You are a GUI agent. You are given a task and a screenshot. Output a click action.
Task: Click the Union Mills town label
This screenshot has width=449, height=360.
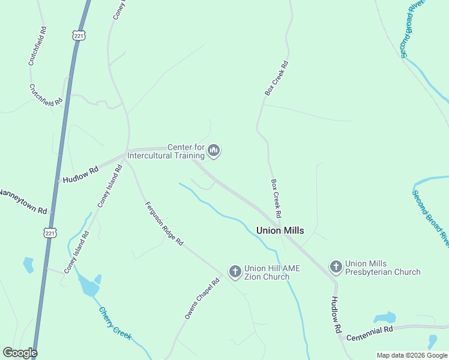[280, 230]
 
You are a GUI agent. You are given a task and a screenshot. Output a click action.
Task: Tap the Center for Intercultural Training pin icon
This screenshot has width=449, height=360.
[214, 151]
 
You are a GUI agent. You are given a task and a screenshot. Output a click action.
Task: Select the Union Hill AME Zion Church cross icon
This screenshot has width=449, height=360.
[235, 272]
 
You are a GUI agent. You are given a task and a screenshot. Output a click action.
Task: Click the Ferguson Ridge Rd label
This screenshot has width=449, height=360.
[164, 224]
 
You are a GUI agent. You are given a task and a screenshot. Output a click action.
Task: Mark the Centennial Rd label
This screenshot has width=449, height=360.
[369, 330]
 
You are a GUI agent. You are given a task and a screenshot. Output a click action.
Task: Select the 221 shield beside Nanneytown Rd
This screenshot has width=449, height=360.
[50, 232]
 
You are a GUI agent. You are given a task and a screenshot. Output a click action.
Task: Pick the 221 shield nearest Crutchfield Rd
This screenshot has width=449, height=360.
[79, 36]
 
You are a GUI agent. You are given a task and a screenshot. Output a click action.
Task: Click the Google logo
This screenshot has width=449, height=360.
[20, 353]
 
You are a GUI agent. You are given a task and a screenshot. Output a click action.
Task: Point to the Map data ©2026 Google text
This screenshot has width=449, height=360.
[412, 355]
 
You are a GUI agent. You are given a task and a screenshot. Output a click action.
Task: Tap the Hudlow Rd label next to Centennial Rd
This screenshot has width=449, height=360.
[336, 316]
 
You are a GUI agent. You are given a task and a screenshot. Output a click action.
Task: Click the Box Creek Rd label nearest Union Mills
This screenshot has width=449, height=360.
[276, 198]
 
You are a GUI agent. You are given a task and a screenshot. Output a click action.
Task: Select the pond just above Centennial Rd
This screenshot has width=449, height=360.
[384, 317]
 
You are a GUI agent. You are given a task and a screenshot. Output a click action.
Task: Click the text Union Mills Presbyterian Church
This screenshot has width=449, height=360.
[383, 268]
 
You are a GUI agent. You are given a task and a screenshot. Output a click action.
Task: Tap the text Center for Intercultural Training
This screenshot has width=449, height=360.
[186, 151]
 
